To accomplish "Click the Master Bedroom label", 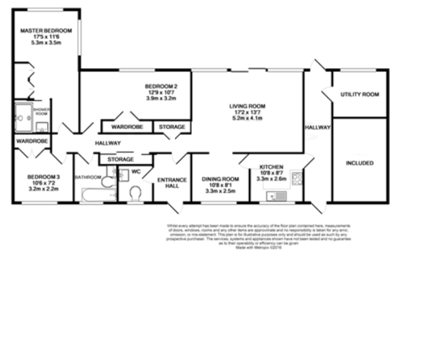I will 46,31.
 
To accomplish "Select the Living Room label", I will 247,106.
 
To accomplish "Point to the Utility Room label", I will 360,95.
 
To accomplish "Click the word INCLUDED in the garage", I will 360,163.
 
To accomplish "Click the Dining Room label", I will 220,179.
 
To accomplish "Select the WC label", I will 136,171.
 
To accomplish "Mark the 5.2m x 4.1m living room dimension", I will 247,118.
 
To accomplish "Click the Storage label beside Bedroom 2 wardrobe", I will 172,127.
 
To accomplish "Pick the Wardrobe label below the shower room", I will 32,141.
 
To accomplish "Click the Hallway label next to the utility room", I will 318,128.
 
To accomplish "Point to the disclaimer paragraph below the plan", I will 259,236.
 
